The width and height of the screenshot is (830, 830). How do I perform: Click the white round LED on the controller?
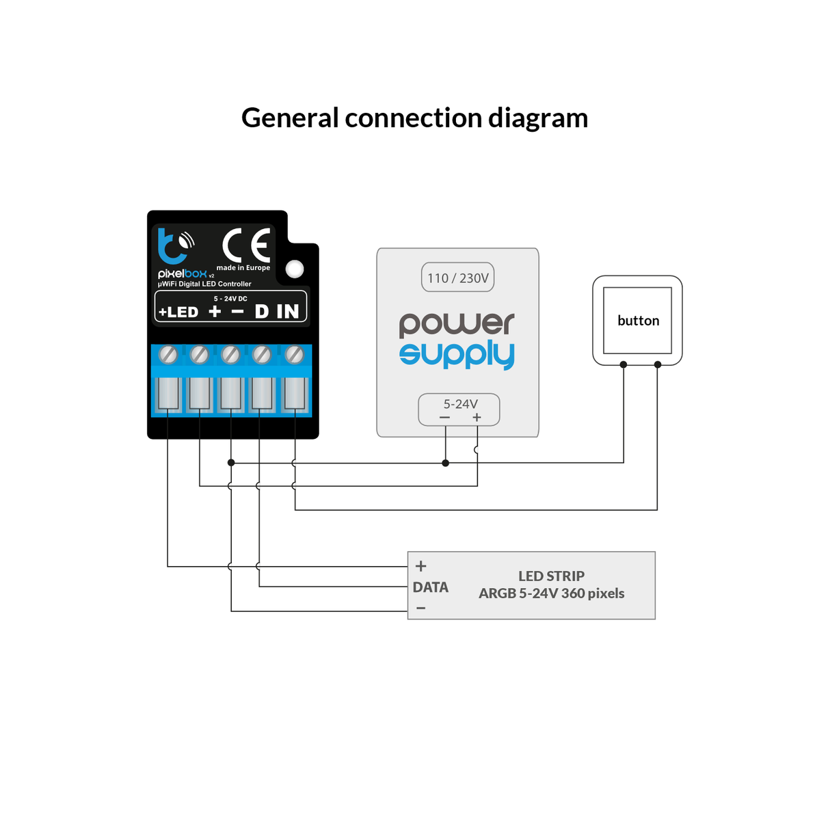[x=295, y=269]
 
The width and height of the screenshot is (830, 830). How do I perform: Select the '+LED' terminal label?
[x=178, y=312]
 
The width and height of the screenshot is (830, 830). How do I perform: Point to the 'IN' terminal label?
[x=288, y=312]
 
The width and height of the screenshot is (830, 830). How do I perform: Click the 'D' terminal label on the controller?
[x=261, y=312]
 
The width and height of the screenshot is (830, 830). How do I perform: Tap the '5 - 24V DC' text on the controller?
[x=230, y=299]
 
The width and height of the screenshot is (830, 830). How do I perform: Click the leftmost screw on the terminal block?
[x=168, y=354]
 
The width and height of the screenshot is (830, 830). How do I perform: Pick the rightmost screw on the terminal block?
[x=294, y=354]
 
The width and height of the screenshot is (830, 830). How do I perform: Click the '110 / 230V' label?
[x=458, y=278]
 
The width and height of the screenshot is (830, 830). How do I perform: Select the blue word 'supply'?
[x=457, y=354]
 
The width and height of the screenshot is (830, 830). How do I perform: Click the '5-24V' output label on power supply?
[x=460, y=404]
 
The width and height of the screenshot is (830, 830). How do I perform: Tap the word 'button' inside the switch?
[x=638, y=321]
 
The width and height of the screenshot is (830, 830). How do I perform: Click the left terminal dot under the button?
[x=624, y=364]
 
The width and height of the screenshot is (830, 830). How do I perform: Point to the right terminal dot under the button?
[x=658, y=364]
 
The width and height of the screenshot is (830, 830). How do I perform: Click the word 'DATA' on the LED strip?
[x=431, y=587]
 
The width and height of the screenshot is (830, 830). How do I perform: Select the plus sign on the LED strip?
[x=421, y=566]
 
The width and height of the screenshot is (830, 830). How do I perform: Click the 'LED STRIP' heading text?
[x=551, y=576]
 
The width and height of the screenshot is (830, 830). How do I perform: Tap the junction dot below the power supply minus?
[x=446, y=463]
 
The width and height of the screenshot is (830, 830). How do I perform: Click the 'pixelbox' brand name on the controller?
[x=182, y=273]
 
